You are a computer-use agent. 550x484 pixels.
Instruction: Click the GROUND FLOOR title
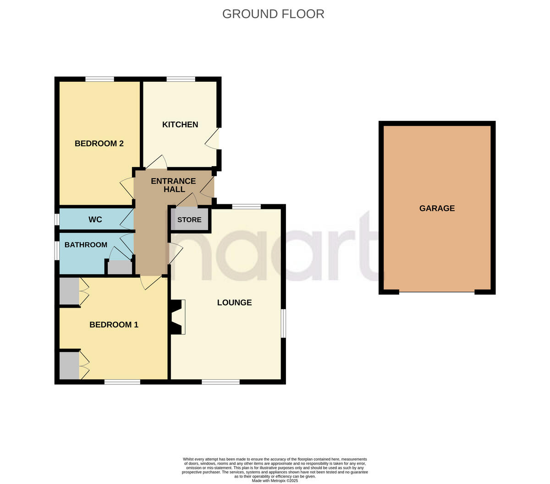tap(273, 14)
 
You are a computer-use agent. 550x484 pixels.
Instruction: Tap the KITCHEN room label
tap(180, 124)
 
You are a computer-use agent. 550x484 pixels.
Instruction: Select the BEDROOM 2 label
tap(99, 143)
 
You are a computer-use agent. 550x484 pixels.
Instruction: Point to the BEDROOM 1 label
tap(114, 325)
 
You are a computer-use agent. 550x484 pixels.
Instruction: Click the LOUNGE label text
tap(234, 303)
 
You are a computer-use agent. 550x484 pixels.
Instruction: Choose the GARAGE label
tap(437, 208)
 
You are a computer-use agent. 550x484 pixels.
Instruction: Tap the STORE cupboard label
tap(189, 219)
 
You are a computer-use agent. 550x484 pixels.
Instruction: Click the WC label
tap(95, 219)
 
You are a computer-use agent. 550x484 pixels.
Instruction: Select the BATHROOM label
tap(86, 245)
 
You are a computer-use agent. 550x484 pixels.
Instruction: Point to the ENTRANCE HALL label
tap(173, 185)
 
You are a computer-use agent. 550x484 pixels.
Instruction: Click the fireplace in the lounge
tap(178, 317)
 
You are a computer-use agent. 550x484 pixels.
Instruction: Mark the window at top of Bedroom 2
tap(99, 79)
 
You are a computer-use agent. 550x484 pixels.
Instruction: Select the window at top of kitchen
tap(181, 79)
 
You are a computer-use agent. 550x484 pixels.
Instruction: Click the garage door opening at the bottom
tap(437, 292)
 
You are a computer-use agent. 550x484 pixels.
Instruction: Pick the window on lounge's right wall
tap(284, 323)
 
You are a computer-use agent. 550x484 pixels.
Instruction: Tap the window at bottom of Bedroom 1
tap(122, 382)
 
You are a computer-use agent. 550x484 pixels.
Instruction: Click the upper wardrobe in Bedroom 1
tap(69, 291)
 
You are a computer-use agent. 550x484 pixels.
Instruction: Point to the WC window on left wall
tap(57, 219)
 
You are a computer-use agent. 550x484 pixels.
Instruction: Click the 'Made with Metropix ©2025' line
tap(275, 481)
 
